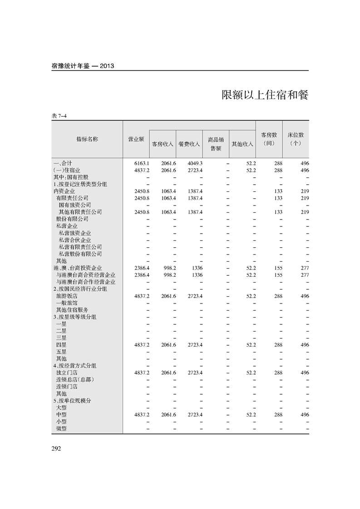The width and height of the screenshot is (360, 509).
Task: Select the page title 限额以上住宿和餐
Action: [265, 95]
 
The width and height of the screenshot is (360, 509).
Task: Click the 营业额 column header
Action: [136, 139]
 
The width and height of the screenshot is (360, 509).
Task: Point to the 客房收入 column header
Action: [163, 144]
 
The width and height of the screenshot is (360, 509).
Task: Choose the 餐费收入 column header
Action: [189, 144]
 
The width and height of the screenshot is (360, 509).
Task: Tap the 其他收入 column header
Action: [242, 144]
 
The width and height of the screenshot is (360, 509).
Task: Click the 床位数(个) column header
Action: [296, 139]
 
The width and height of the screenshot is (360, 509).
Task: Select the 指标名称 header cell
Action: [87, 139]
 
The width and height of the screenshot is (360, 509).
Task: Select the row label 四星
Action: [61, 345]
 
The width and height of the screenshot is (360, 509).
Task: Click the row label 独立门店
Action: [67, 372]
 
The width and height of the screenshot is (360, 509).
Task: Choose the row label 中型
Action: [61, 415]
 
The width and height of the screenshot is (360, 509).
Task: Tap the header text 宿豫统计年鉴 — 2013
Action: [83, 66]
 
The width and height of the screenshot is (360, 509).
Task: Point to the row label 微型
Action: [61, 428]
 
